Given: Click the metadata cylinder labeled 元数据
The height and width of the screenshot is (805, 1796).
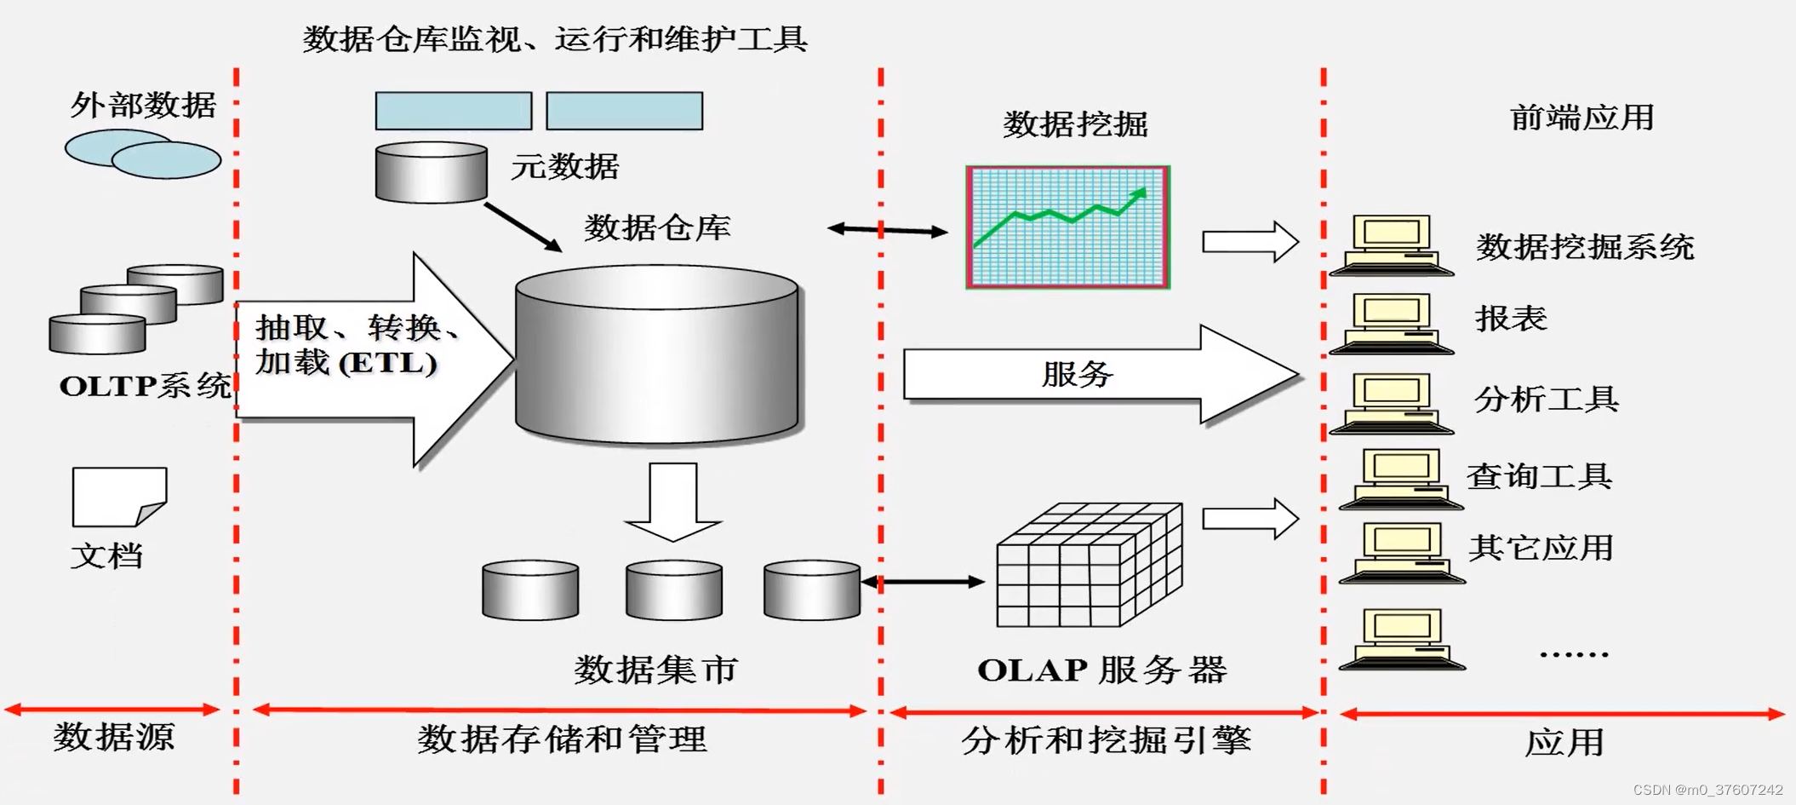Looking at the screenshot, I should pyautogui.click(x=432, y=173).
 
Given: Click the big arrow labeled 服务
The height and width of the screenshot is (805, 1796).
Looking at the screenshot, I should pyautogui.click(x=1098, y=374).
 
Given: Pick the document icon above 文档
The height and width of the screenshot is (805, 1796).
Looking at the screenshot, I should pyautogui.click(x=119, y=497).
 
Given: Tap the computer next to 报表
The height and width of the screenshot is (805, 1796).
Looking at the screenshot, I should pyautogui.click(x=1391, y=324).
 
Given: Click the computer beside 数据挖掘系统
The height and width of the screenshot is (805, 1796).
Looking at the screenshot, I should pyautogui.click(x=1391, y=245).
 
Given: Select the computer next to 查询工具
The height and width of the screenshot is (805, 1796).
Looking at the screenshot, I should pyautogui.click(x=1400, y=480).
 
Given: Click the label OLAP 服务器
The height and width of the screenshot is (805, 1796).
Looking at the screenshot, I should pyautogui.click(x=1101, y=670).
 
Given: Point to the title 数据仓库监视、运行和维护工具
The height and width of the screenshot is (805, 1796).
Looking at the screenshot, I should pyautogui.click(x=555, y=39).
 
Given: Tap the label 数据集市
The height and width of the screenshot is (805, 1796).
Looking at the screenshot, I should pyautogui.click(x=655, y=670).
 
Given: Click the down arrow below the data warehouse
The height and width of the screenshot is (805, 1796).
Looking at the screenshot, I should pyautogui.click(x=673, y=502).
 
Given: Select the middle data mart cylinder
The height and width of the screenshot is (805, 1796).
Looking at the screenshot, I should pyautogui.click(x=673, y=589).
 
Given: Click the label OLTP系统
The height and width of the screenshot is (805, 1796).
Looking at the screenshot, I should pyautogui.click(x=145, y=386).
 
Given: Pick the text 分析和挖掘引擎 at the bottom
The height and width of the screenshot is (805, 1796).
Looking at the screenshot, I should pyautogui.click(x=1106, y=739).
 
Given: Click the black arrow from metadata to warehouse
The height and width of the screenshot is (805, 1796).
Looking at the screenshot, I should pyautogui.click(x=523, y=227).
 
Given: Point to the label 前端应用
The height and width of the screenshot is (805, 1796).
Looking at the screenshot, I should pyautogui.click(x=1582, y=118).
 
